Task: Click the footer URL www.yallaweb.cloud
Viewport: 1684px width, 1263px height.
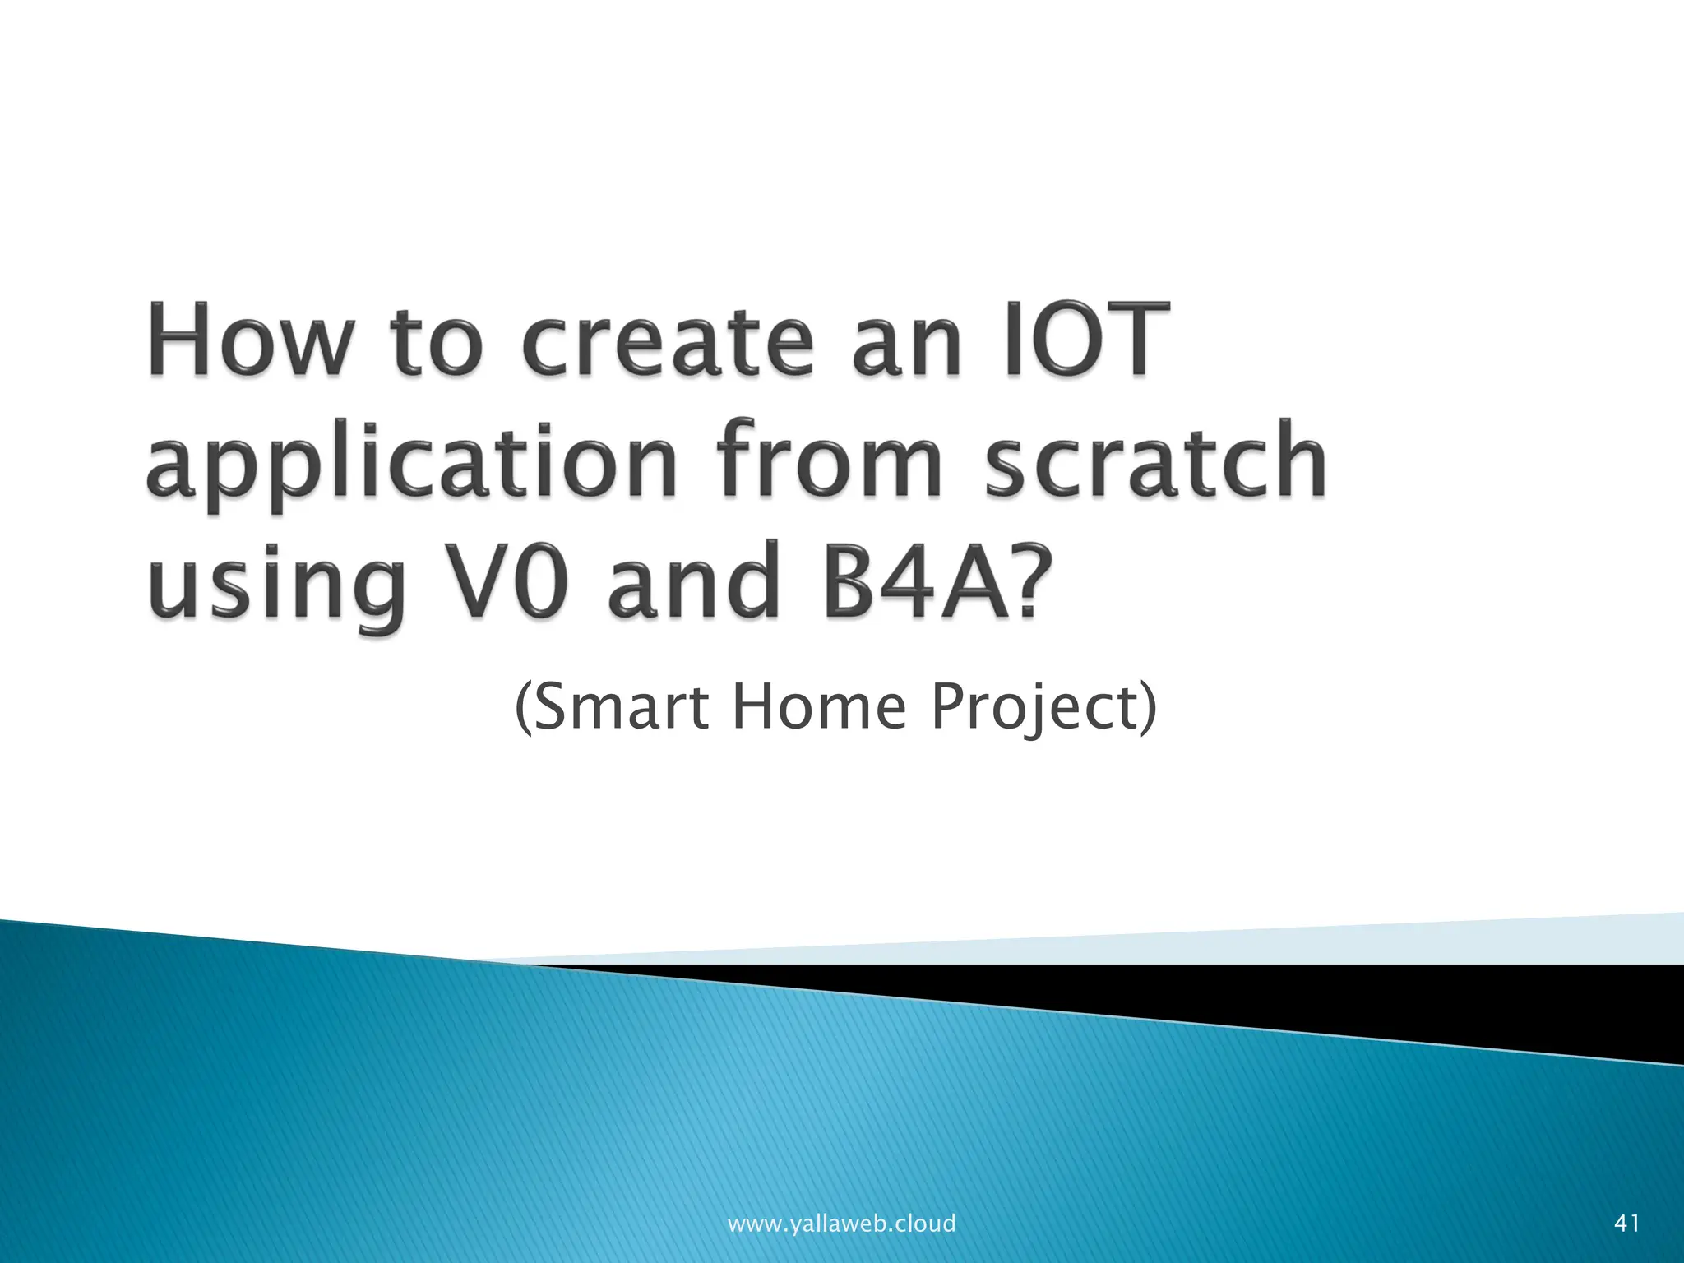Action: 841,1223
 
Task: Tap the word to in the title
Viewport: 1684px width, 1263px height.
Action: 436,343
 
